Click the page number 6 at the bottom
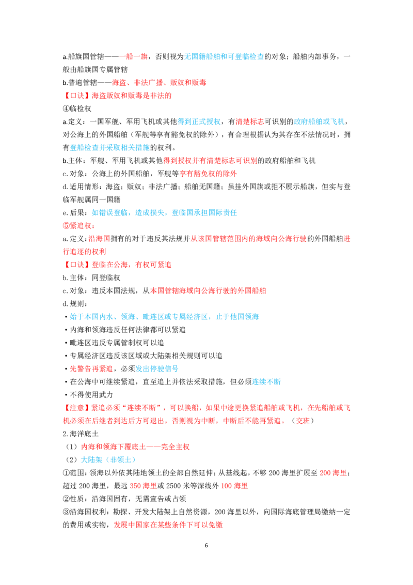point(206,545)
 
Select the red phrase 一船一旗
point(134,57)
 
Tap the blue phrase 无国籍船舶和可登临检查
point(224,57)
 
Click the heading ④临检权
point(77,109)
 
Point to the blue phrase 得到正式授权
point(199,121)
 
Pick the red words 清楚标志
point(250,121)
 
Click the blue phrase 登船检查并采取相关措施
point(109,148)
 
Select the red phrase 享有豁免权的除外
point(208,174)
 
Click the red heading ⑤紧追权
point(78,226)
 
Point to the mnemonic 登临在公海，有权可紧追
point(132,265)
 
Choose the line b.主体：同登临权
point(91,278)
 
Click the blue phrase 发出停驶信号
point(156,369)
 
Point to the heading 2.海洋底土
point(81,434)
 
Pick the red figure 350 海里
point(143,486)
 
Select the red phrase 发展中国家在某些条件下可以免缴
point(168,525)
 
